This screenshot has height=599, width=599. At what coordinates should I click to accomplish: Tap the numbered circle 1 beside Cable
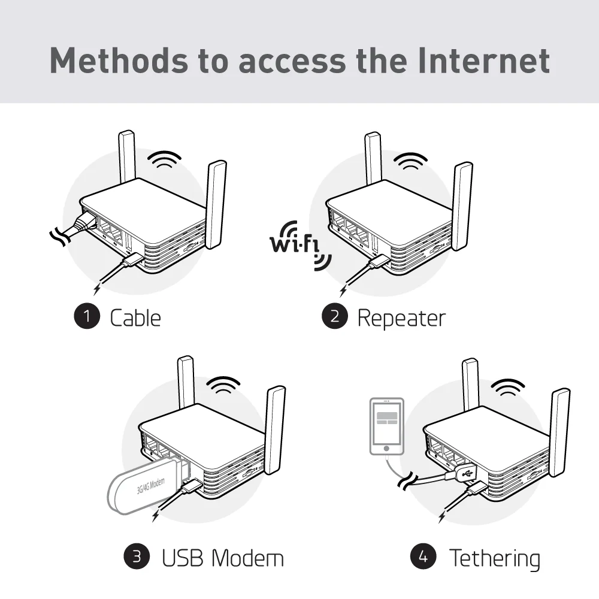87,317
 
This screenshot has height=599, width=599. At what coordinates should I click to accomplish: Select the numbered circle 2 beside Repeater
334,317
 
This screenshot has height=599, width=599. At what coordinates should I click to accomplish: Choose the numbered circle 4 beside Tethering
423,557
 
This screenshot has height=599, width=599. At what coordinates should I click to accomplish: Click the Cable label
135,317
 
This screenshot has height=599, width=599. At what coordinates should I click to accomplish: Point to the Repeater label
401,317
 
